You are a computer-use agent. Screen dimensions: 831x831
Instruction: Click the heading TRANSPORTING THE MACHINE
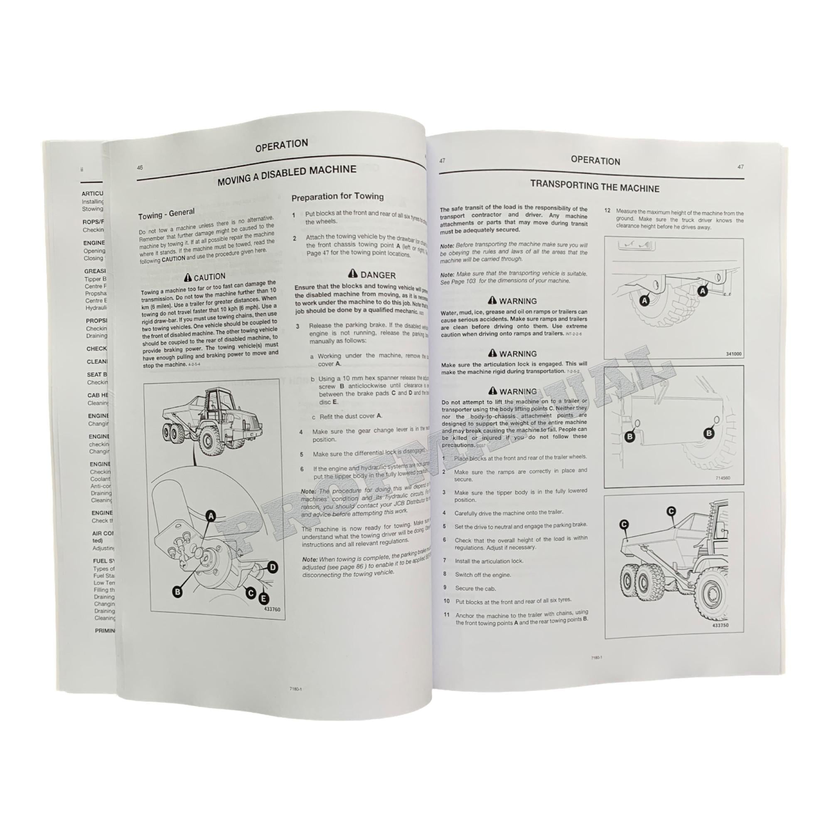click(x=595, y=186)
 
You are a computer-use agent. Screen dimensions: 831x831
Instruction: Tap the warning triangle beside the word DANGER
click(x=353, y=273)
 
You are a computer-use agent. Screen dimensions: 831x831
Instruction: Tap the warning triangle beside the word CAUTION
click(x=187, y=278)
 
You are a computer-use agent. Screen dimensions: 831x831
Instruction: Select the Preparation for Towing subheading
click(x=337, y=197)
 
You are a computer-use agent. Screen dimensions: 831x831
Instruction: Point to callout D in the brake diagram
click(x=273, y=567)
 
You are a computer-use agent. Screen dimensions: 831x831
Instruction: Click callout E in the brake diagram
click(x=263, y=598)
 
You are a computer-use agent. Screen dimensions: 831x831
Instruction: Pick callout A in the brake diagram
click(x=211, y=515)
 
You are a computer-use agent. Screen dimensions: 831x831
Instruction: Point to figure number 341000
click(x=733, y=354)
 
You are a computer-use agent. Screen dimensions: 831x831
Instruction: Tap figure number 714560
click(x=723, y=478)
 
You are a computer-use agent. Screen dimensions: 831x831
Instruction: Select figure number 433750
click(x=720, y=625)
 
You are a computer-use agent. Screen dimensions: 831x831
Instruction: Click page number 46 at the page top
click(x=140, y=168)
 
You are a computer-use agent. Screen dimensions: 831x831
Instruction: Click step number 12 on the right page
click(x=607, y=211)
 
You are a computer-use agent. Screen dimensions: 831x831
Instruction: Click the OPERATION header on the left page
click(x=281, y=145)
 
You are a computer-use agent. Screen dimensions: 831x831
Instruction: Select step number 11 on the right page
click(x=447, y=615)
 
